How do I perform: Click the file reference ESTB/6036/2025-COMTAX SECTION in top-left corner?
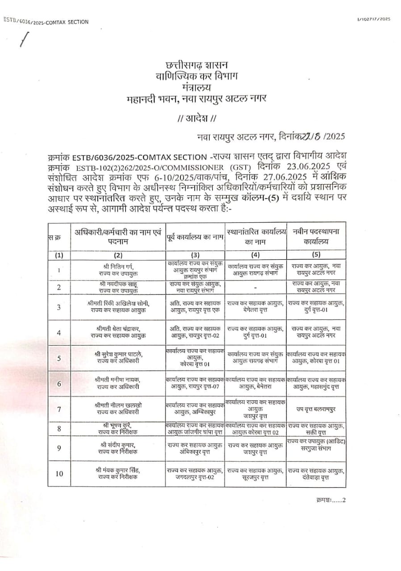46,21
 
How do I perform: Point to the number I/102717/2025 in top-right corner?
373,19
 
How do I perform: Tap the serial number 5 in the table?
59,358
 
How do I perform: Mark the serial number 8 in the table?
59,429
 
